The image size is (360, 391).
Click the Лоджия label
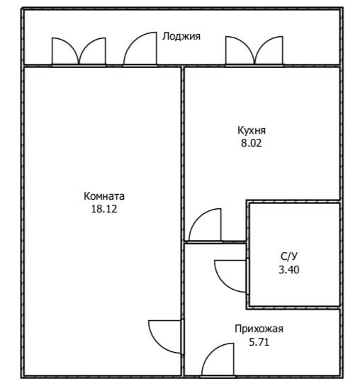pyautogui.click(x=181, y=36)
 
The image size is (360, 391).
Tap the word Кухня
pyautogui.click(x=252, y=130)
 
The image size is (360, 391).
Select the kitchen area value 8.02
pyautogui.click(x=252, y=143)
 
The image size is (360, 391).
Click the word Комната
pyautogui.click(x=104, y=196)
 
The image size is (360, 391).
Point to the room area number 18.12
pyautogui.click(x=104, y=209)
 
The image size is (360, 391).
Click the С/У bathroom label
pyautogui.click(x=289, y=256)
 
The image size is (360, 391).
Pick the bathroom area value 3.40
pyautogui.click(x=289, y=270)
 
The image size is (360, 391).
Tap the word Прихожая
pyautogui.click(x=259, y=329)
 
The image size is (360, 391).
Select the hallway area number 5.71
pyautogui.click(x=259, y=342)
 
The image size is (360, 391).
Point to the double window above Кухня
pyautogui.click(x=254, y=51)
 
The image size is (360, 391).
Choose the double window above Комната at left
pyautogui.click(x=79, y=52)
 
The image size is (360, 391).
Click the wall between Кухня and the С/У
pyautogui.click(x=293, y=201)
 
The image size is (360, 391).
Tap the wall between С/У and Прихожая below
pyautogui.click(x=293, y=307)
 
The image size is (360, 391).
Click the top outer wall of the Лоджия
pyautogui.click(x=182, y=9)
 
